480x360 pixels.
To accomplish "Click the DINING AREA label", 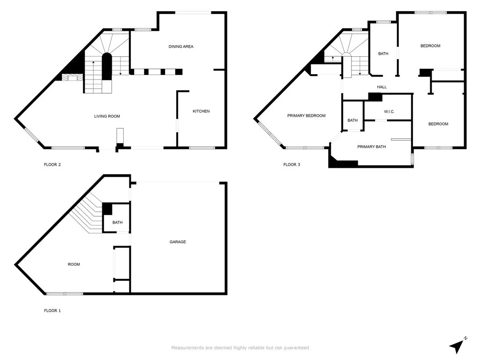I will [181, 46].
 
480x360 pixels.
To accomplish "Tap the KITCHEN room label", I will [201, 111].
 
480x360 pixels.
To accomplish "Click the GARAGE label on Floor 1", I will [178, 242].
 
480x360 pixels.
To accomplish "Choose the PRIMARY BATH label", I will [372, 147].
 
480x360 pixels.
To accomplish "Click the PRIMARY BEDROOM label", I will [306, 116].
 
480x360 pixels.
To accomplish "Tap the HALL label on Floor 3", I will [382, 87].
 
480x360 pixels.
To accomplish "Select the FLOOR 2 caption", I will [52, 165].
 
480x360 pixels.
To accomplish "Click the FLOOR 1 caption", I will [52, 310].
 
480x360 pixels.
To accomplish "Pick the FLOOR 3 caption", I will [292, 165].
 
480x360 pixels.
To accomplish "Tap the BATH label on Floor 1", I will [117, 222].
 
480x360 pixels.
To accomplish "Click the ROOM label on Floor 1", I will [74, 264].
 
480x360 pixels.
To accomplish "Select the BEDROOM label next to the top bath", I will [430, 46].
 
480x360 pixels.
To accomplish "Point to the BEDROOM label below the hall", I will [438, 124].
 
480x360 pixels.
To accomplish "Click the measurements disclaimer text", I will [240, 348].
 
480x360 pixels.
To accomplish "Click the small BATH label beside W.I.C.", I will [352, 120].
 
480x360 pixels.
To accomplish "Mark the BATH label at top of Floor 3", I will [383, 54].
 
